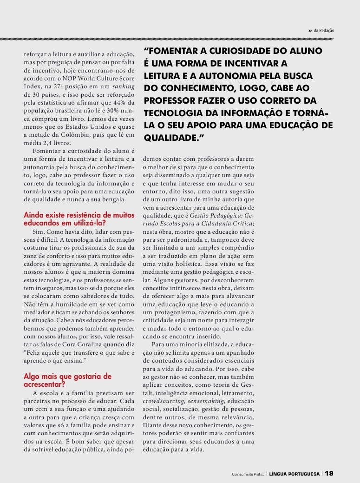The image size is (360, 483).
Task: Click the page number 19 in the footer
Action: tap(329, 474)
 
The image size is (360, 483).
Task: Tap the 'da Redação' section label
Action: tap(324, 31)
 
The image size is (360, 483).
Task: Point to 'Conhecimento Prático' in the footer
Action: tap(248, 474)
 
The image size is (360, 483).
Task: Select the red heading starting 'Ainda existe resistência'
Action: tap(79, 218)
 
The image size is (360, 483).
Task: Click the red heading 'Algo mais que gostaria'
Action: tap(68, 380)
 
